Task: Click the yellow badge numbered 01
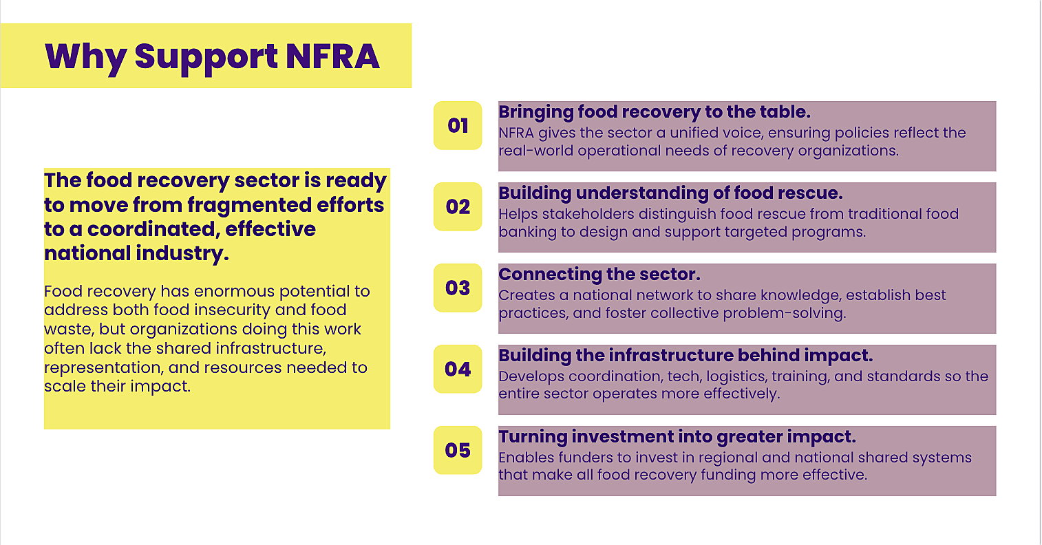tap(458, 125)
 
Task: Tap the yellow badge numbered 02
tap(458, 206)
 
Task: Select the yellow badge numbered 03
tap(458, 288)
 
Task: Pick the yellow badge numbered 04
tap(458, 369)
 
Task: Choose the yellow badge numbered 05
tap(458, 450)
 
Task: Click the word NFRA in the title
tap(332, 56)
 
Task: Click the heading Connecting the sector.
tap(599, 275)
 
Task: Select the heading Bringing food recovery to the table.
tap(655, 112)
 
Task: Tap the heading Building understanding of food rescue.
tap(670, 193)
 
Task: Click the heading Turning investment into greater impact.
tap(677, 437)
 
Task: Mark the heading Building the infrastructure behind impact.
tap(685, 355)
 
